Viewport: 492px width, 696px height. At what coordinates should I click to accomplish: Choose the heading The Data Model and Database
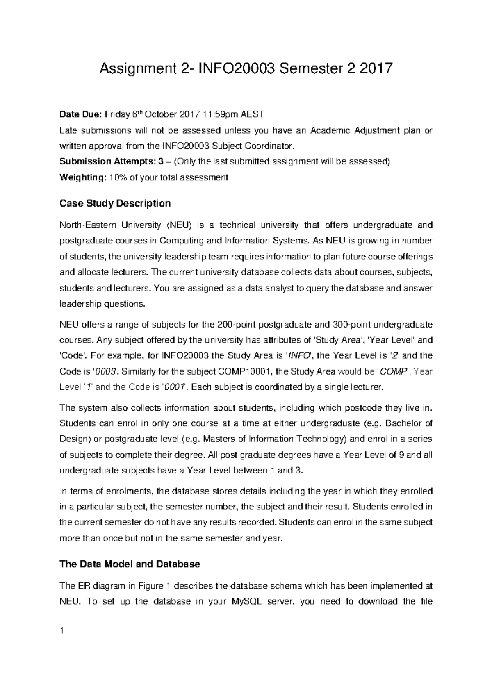click(x=130, y=564)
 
